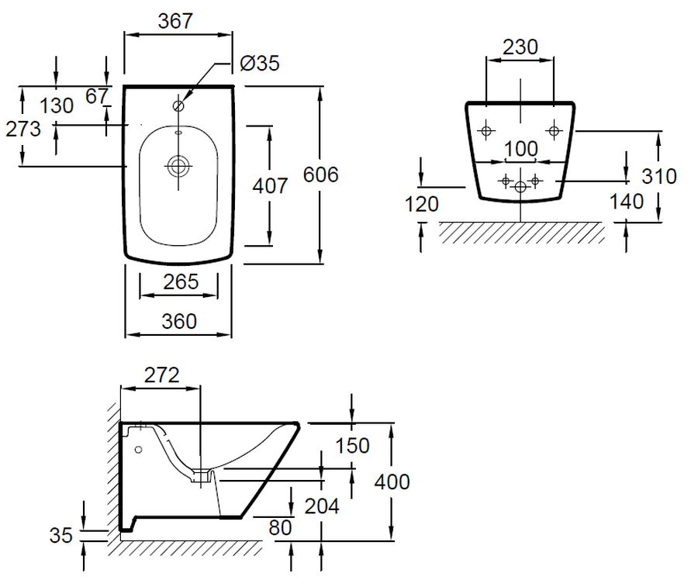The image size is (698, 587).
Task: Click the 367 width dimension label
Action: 175,21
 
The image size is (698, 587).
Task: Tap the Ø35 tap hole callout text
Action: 260,63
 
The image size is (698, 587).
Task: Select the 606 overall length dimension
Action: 320,174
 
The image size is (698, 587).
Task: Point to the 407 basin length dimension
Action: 270,185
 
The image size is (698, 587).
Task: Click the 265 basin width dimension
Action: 181,281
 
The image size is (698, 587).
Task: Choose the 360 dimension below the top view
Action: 179,321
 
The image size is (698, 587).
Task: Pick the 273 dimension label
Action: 23,129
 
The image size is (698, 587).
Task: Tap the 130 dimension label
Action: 57,106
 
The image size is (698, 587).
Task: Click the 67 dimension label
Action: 97,96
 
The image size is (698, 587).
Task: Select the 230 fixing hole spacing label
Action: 520,47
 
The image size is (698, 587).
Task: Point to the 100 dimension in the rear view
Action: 521,149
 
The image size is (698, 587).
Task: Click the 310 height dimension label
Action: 659,176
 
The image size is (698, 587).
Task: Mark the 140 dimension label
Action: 627,202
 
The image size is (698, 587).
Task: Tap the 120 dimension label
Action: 422,204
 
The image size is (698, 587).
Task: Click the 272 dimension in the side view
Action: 161,375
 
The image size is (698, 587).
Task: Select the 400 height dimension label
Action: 392,482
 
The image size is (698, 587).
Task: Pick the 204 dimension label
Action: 322,506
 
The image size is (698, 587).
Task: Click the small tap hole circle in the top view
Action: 178,106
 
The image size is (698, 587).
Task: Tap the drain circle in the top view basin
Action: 178,167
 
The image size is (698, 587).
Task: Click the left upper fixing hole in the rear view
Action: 486,131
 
